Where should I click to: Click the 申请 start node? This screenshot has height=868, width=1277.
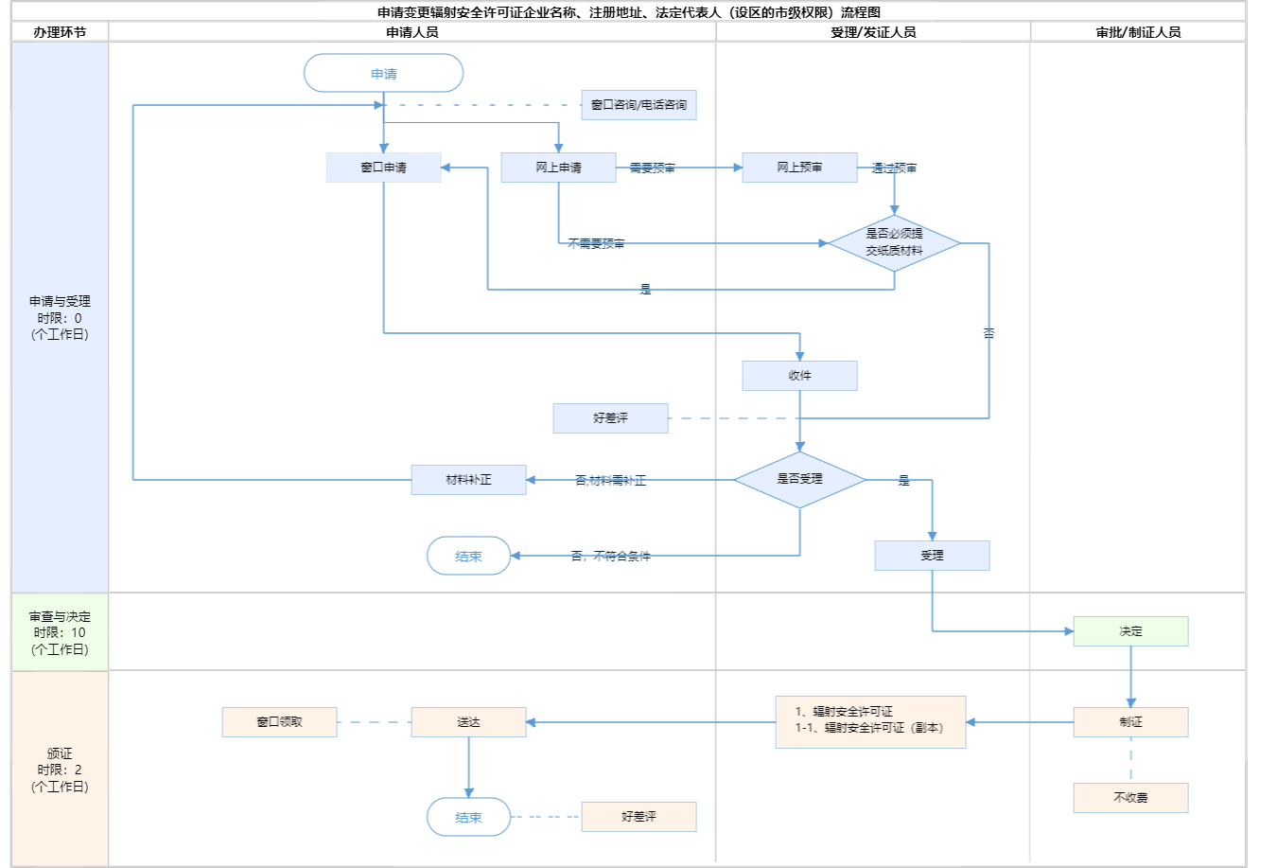coord(383,74)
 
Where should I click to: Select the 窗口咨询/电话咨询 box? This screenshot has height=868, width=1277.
coord(638,105)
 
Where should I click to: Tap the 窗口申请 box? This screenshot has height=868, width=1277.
coord(383,168)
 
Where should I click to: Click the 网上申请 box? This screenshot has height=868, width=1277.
coord(558,168)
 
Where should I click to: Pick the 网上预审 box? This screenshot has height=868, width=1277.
coord(799,168)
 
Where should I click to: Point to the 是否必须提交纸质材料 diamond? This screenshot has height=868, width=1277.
coord(894,242)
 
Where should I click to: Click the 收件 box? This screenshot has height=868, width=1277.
coord(799,376)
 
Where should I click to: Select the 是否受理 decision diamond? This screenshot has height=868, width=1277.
coord(799,479)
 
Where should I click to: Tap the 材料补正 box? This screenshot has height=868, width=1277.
coord(468,480)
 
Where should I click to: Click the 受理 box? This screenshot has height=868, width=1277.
coord(932,556)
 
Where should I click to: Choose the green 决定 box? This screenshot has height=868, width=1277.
coord(1130,631)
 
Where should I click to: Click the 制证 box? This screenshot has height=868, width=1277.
coord(1130,722)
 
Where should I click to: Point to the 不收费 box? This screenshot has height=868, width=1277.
coord(1130,798)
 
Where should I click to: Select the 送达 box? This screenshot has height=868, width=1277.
coord(468,722)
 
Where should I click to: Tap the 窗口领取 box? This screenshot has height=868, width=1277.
coord(279,722)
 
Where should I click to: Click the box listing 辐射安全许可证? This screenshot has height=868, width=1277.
coord(870,722)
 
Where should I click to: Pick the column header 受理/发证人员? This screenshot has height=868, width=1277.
coord(872,32)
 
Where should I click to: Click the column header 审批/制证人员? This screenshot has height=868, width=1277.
coord(1138,32)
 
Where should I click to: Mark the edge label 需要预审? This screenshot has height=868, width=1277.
coord(653,168)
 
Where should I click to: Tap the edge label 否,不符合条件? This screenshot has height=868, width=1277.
coord(610,557)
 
